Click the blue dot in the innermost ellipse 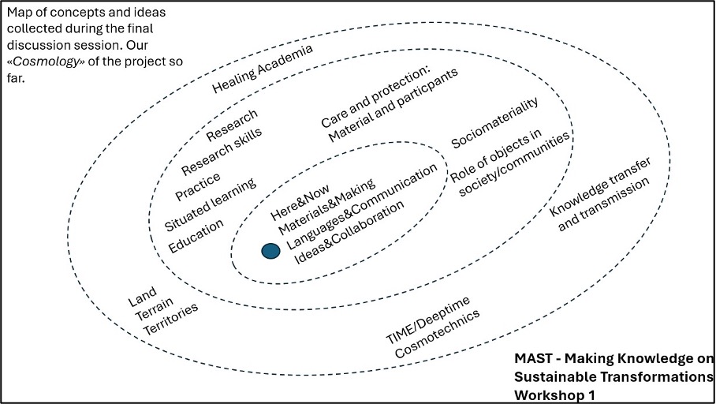click(270, 251)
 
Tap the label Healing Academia click(263, 69)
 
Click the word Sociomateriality click(494, 124)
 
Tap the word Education click(196, 236)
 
